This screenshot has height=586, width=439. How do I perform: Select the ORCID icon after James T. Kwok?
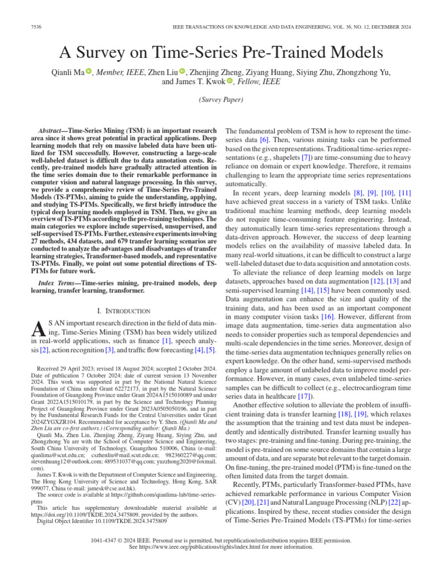click(x=230, y=82)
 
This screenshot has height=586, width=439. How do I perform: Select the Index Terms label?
click(x=57, y=283)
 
